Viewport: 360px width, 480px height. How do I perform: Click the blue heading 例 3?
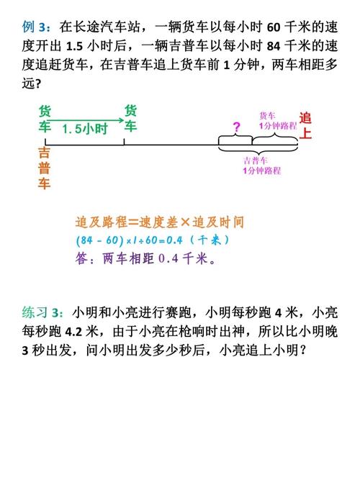click(35, 27)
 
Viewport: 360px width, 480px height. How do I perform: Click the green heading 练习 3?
click(42, 312)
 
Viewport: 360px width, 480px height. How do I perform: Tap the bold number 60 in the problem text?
click(274, 27)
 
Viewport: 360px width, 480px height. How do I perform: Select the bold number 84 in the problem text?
click(274, 46)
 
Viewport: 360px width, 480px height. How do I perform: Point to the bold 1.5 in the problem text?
click(74, 46)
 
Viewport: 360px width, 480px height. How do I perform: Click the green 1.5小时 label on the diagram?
click(85, 129)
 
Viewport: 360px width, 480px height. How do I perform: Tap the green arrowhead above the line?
click(121, 120)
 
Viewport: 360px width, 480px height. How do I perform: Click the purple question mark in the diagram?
click(236, 127)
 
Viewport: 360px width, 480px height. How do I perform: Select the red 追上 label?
click(305, 126)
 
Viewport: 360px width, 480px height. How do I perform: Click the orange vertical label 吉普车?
click(44, 168)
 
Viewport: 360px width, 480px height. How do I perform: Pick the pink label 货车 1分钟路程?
click(278, 121)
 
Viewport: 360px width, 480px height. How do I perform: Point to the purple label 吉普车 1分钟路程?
click(262, 166)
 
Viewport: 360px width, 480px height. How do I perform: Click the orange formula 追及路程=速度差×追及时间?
click(160, 222)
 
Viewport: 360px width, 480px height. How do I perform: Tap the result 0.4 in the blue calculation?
click(174, 240)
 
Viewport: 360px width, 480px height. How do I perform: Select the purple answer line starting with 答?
click(146, 258)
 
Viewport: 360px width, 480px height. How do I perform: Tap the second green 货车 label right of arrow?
click(130, 119)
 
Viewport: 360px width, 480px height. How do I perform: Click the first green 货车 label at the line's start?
click(45, 119)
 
